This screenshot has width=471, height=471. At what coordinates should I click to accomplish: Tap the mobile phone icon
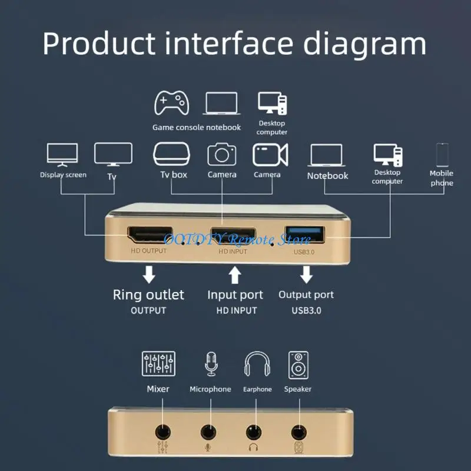[442, 155]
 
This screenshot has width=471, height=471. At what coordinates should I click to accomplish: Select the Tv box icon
[173, 154]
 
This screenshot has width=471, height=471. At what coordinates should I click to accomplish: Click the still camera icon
[222, 154]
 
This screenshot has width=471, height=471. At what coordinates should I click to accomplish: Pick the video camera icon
[270, 154]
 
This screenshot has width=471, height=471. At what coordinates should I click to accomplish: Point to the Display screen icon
[62, 154]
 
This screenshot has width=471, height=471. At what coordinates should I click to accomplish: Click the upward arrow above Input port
[235, 274]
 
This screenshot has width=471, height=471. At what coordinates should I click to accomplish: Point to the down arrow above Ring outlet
[149, 274]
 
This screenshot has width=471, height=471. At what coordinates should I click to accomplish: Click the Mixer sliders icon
[158, 364]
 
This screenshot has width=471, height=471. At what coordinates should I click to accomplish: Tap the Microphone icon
[210, 364]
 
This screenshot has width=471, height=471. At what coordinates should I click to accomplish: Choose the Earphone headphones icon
[257, 364]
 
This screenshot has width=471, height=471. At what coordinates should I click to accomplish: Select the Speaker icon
[298, 364]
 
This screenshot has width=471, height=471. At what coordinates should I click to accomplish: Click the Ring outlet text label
[148, 294]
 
